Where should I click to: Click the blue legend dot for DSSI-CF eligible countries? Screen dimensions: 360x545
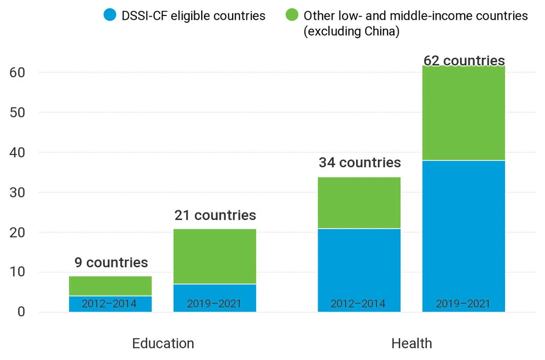(110, 15)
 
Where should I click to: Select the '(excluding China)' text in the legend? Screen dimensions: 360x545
(351, 31)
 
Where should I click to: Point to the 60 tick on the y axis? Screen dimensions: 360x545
(17, 72)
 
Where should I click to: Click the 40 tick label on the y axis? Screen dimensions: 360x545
(17, 152)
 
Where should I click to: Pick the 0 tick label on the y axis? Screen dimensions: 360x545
(21, 312)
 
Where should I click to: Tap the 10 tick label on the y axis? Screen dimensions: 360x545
(17, 272)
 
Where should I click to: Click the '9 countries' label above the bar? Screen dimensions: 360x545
(110, 263)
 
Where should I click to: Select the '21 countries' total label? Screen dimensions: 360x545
(215, 215)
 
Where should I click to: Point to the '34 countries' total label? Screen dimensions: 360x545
(359, 162)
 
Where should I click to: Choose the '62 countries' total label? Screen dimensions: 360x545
(464, 60)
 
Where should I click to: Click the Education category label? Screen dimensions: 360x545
(163, 343)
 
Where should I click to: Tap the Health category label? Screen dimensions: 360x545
(411, 343)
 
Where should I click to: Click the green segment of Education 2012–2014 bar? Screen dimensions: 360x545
(110, 286)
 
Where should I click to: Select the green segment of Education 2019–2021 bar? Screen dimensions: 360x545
(215, 256)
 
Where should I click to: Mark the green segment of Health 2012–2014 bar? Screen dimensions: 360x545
(359, 203)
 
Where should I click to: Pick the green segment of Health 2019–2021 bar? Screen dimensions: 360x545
(464, 113)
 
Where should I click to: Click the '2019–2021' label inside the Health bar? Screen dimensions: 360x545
(463, 304)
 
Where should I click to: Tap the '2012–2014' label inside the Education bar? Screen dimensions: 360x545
(109, 304)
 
